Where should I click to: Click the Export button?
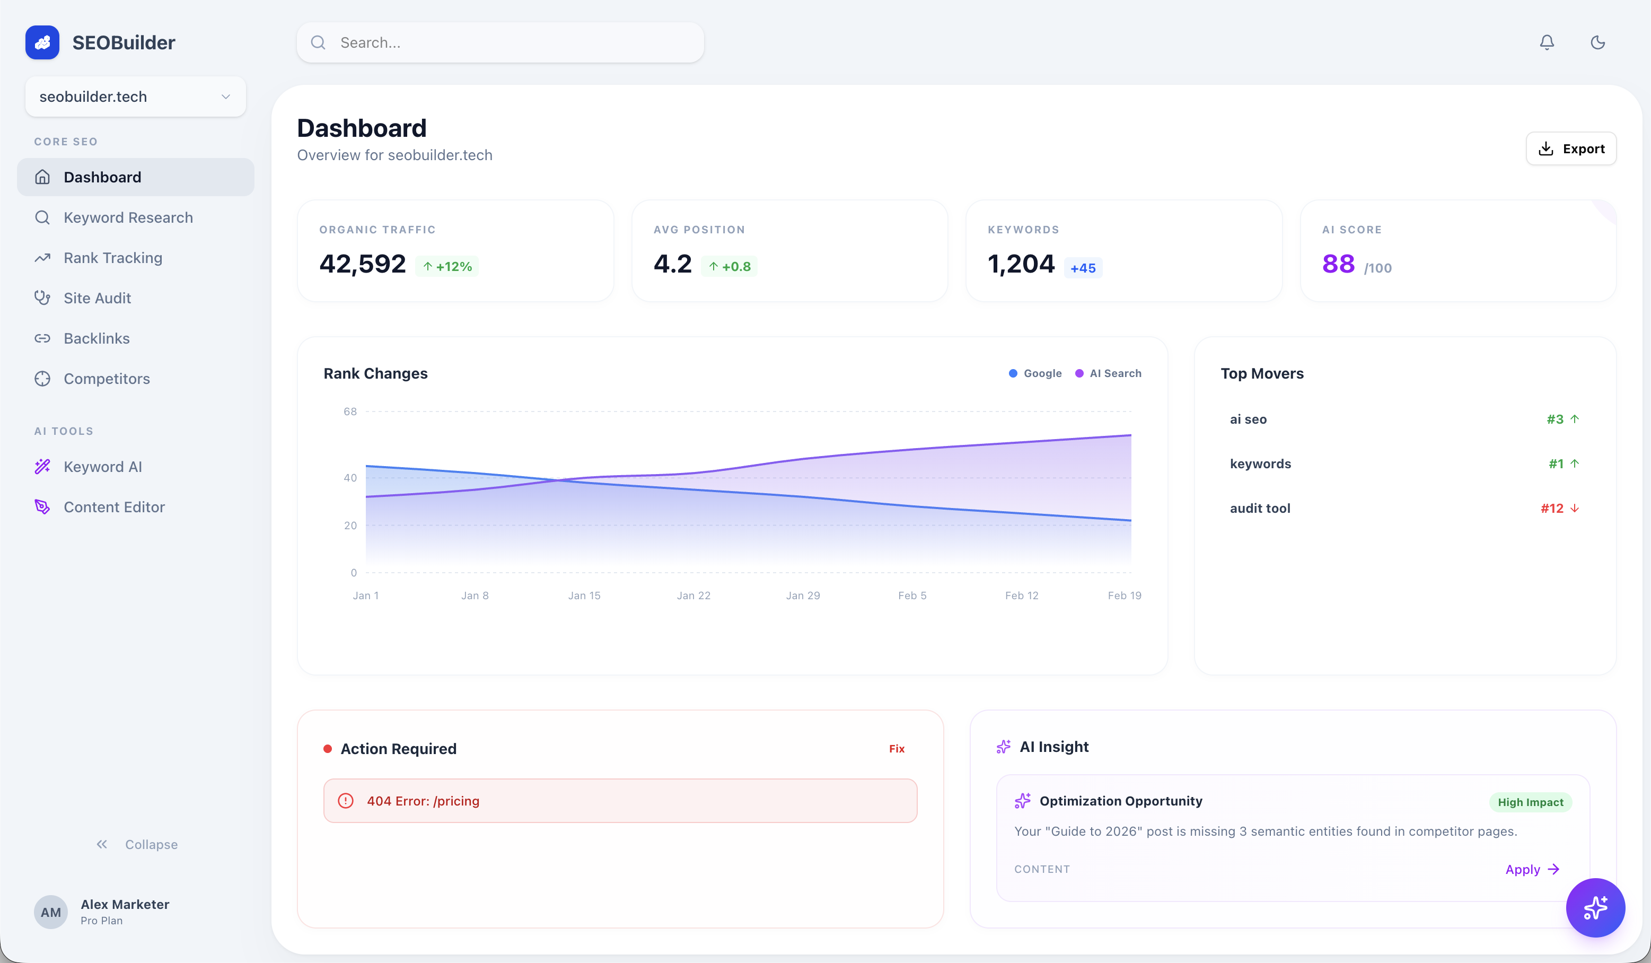1570,148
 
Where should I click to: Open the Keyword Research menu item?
128,217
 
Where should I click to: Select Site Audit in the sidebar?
97,298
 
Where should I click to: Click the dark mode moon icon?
1597,42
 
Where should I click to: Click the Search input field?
500,42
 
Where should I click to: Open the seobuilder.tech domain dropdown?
135,97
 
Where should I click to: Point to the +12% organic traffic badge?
447,267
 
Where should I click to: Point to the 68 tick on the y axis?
350,412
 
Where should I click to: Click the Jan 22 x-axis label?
693,596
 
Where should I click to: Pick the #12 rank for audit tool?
1551,509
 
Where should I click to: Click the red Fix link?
896,749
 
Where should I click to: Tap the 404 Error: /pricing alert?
620,801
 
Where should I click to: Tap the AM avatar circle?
50,912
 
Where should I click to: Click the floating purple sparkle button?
1595,907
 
